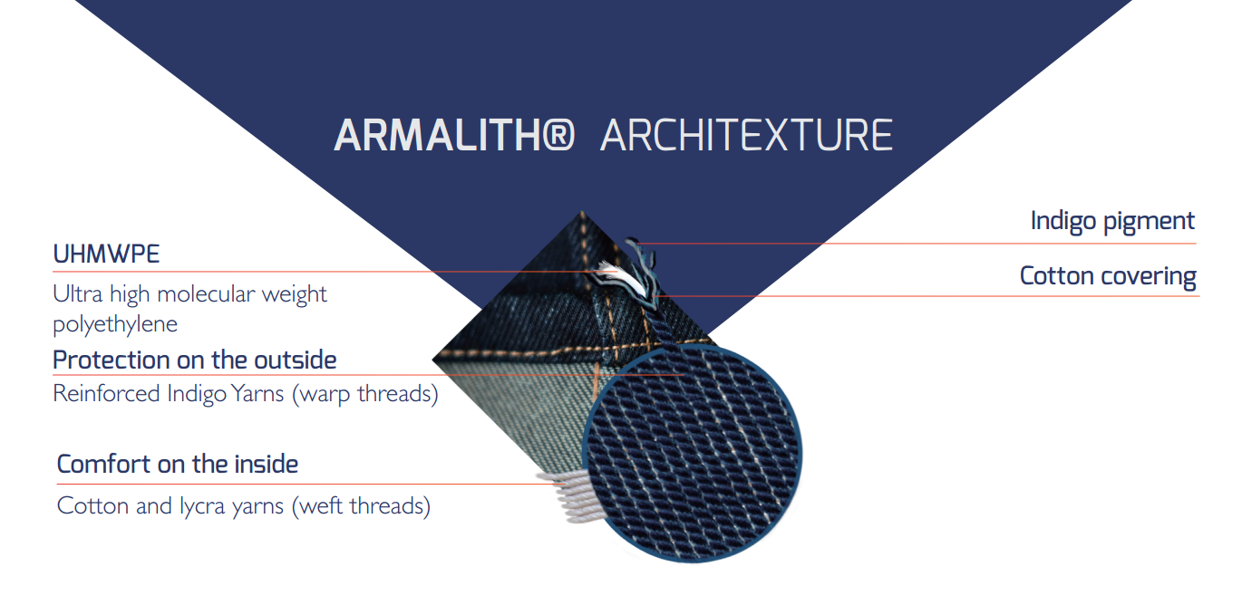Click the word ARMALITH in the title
coord(438,135)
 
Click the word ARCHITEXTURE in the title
coord(746,135)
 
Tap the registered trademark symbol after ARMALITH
coord(558,135)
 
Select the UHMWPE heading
coord(106,254)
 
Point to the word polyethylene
coord(115,324)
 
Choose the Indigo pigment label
coord(1111,222)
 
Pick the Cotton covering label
coord(1108,276)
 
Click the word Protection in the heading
coord(112,360)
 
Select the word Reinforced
coord(106,394)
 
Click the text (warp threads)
coord(364,394)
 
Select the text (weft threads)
coord(361,506)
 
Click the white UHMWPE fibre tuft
coord(620,277)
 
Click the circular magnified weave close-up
coord(692,454)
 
